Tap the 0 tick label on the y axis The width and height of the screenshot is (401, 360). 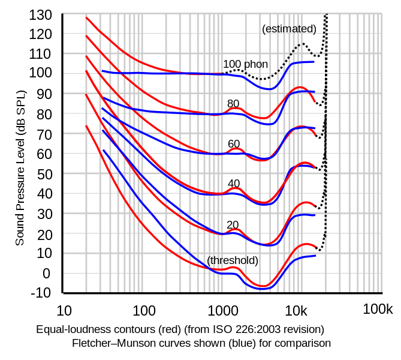coord(48,273)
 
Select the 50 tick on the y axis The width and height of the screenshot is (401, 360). coord(44,173)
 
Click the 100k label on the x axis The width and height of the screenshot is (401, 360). coord(377,311)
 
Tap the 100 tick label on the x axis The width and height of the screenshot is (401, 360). coord(144,311)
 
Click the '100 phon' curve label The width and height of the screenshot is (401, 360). coord(245,64)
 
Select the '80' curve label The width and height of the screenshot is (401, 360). coord(233,104)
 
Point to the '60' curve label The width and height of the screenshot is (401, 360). coord(233,144)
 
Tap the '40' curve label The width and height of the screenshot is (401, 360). coord(233,184)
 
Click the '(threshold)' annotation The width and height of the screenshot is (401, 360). coord(233,260)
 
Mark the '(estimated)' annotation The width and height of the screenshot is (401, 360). coord(289,28)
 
